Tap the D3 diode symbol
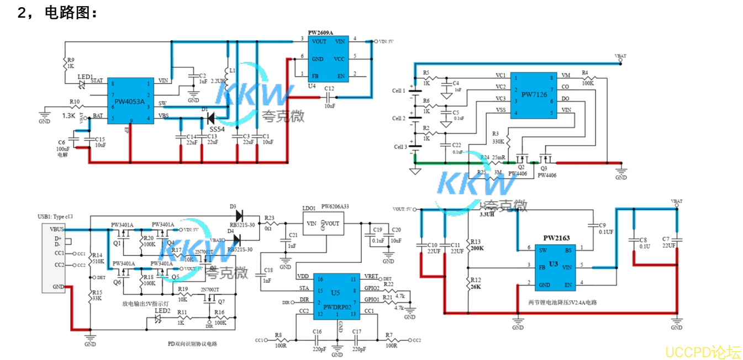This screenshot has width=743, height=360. click(x=239, y=215)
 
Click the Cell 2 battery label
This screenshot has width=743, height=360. click(x=399, y=119)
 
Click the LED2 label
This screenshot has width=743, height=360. click(x=162, y=311)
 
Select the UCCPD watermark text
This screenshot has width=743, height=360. click(x=703, y=352)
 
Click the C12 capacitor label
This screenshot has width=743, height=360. click(x=329, y=88)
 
